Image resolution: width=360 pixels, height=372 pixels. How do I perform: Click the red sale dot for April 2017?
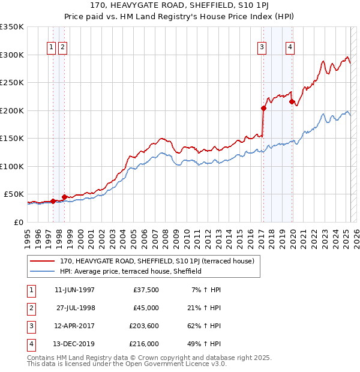pyautogui.click(x=263, y=109)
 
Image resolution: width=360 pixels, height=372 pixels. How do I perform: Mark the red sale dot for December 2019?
pyautogui.click(x=292, y=102)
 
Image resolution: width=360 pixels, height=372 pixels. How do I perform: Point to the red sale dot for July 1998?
pyautogui.click(x=64, y=197)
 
